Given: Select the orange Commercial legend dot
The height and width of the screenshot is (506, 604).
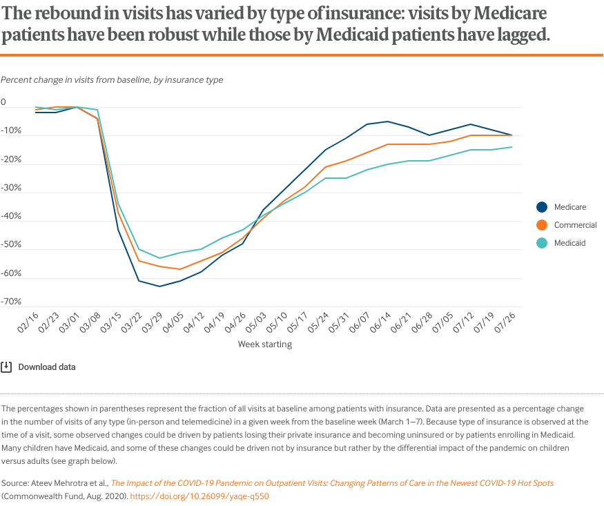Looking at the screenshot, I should [542, 225].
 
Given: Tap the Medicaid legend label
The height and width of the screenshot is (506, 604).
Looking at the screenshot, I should [569, 243].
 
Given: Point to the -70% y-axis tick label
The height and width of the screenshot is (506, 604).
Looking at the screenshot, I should [12, 302].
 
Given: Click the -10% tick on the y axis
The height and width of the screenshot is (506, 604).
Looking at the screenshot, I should [12, 131].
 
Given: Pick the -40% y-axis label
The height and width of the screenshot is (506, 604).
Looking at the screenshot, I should [12, 217].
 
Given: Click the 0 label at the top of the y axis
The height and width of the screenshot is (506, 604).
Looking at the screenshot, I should [3, 103].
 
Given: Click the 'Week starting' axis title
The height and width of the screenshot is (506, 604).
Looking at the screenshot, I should [265, 344].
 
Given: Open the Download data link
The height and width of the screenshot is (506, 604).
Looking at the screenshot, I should [47, 367].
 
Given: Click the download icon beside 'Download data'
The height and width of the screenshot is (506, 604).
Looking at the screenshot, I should [6, 367].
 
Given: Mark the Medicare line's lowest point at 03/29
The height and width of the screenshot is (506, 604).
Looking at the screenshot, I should [160, 286].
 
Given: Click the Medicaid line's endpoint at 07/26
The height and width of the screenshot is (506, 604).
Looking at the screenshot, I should [512, 147].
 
